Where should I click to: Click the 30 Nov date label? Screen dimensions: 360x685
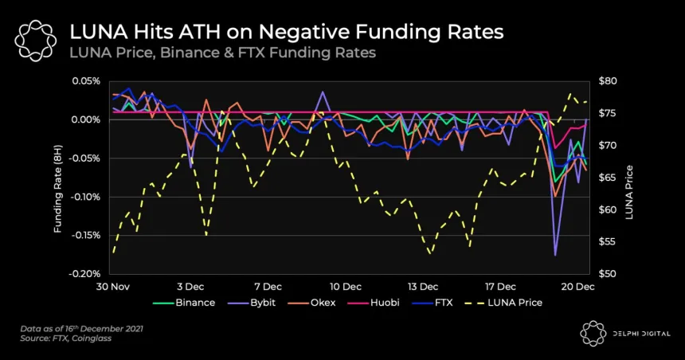114,286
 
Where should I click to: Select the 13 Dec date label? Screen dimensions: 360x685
423,286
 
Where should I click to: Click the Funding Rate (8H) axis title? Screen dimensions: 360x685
58,178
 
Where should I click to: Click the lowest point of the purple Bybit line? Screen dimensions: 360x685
555,254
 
